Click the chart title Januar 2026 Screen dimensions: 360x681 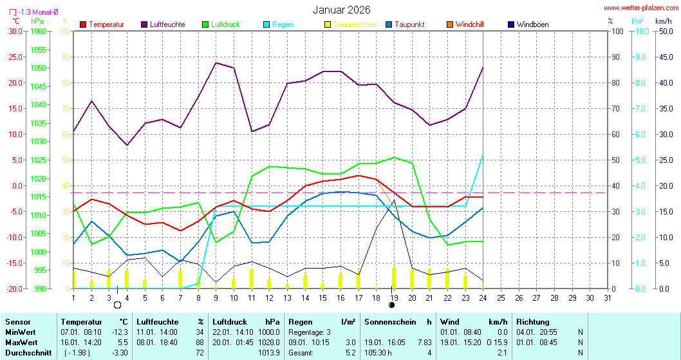(x=342, y=10)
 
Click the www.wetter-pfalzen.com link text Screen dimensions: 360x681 (x=640, y=8)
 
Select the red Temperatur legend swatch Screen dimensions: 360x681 (x=83, y=24)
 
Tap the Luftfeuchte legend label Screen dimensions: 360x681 (x=167, y=24)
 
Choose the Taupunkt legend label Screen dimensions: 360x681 (x=409, y=24)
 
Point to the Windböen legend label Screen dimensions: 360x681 (x=532, y=24)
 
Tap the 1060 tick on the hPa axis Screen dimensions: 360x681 (x=39, y=31)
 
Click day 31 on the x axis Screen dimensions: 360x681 (x=608, y=298)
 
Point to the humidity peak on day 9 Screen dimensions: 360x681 (x=216, y=62)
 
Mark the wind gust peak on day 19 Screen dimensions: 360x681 (x=394, y=200)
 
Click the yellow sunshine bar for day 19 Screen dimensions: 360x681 (x=394, y=278)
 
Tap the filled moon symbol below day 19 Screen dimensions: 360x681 (x=391, y=305)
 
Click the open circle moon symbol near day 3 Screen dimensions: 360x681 (x=117, y=305)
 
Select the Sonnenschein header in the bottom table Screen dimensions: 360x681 (x=389, y=321)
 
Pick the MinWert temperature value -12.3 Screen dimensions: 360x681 (x=120, y=332)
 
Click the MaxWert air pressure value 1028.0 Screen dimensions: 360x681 (x=268, y=342)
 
